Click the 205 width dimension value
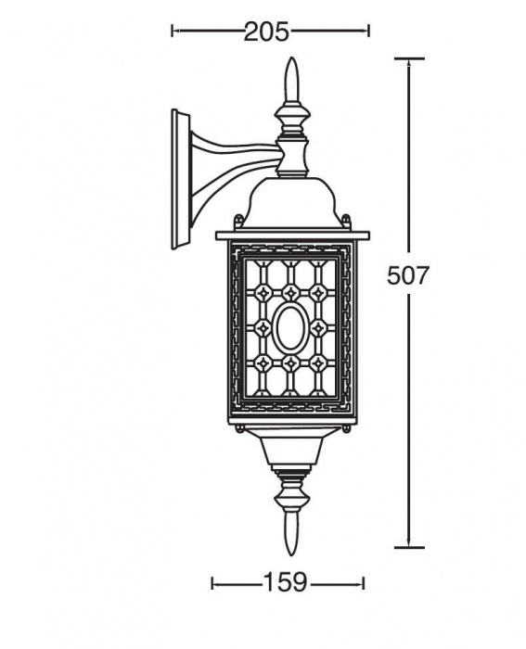click(266, 32)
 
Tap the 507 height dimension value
click(406, 274)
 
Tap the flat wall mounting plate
click(181, 180)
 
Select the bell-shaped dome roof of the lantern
click(292, 202)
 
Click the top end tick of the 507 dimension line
click(409, 58)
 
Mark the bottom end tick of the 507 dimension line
click(409, 547)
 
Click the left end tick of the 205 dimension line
click(173, 31)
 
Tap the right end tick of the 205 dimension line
click(368, 31)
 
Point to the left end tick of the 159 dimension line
click(212, 583)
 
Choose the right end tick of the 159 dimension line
click(364, 583)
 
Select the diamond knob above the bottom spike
click(291, 494)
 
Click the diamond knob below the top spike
click(293, 117)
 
